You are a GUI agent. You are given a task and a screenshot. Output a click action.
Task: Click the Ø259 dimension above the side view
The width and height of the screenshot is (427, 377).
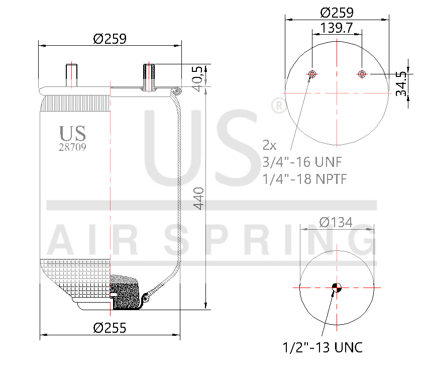tap(109, 38)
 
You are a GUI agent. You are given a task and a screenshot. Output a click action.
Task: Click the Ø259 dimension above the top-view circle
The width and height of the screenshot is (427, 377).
tap(337, 12)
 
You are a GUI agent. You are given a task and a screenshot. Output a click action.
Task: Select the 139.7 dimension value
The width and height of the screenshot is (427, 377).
tap(337, 28)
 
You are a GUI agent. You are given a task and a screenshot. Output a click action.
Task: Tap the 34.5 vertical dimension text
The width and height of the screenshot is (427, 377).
tap(401, 83)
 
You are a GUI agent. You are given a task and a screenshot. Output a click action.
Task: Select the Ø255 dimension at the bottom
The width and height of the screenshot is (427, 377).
tap(110, 328)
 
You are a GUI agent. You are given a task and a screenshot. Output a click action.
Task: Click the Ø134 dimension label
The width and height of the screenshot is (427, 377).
tap(336, 222)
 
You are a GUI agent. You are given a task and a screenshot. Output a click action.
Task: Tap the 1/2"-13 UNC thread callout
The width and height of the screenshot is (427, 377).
tap(323, 347)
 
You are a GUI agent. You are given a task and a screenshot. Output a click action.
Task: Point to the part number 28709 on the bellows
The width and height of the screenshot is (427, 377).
tap(73, 148)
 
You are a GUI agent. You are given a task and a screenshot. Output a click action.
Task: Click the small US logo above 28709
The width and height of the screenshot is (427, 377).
tap(73, 133)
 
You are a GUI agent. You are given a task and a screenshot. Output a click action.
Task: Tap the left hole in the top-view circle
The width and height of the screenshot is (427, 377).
tap(312, 74)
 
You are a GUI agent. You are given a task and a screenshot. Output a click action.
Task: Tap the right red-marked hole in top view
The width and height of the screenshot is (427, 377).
tap(362, 74)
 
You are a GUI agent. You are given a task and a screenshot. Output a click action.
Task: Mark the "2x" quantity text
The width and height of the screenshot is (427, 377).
tap(270, 146)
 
